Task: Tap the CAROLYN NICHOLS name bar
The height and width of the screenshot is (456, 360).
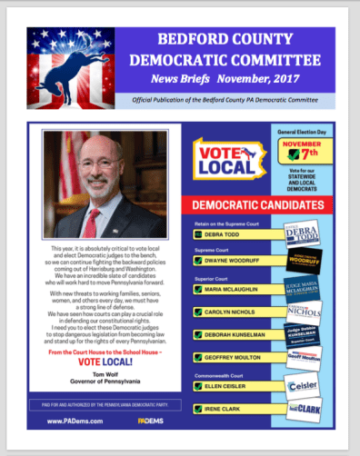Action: point(231,312)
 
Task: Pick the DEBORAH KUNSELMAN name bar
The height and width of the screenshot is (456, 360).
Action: point(236,334)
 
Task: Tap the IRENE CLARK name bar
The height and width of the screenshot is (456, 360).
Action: point(225,411)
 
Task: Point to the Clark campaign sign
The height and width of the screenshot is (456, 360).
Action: point(304,411)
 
